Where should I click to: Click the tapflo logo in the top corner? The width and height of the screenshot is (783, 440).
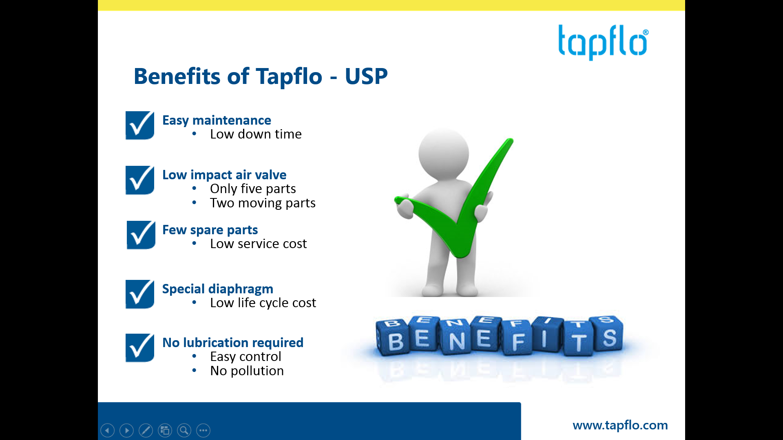coord(603,42)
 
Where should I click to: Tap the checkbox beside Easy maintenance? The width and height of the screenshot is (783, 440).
coord(140,125)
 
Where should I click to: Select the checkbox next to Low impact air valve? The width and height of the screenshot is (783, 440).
coord(140,180)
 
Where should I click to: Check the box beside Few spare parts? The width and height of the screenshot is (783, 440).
coord(141,235)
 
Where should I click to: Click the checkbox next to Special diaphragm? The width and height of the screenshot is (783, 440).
coord(140,294)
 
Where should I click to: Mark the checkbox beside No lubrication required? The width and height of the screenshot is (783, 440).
coord(140,348)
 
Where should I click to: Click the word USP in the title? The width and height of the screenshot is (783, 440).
coord(366,76)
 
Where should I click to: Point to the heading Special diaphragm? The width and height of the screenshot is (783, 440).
coord(218,289)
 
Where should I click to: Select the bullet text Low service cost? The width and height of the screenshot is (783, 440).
coord(258,244)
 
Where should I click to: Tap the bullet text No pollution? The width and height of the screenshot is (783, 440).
coord(247,371)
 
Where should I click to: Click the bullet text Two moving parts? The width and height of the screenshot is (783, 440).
coord(263,203)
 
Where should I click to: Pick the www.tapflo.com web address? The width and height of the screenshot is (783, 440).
coord(620,425)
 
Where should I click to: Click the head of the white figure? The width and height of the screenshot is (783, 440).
coord(444,154)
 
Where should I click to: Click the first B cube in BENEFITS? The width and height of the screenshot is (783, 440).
coord(393,338)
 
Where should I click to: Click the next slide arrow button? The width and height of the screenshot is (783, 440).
coord(126,430)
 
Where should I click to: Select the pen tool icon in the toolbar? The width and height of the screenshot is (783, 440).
coord(146,430)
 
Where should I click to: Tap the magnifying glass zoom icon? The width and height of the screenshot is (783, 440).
coord(184,430)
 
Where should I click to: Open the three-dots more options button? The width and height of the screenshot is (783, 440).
coord(203,430)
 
